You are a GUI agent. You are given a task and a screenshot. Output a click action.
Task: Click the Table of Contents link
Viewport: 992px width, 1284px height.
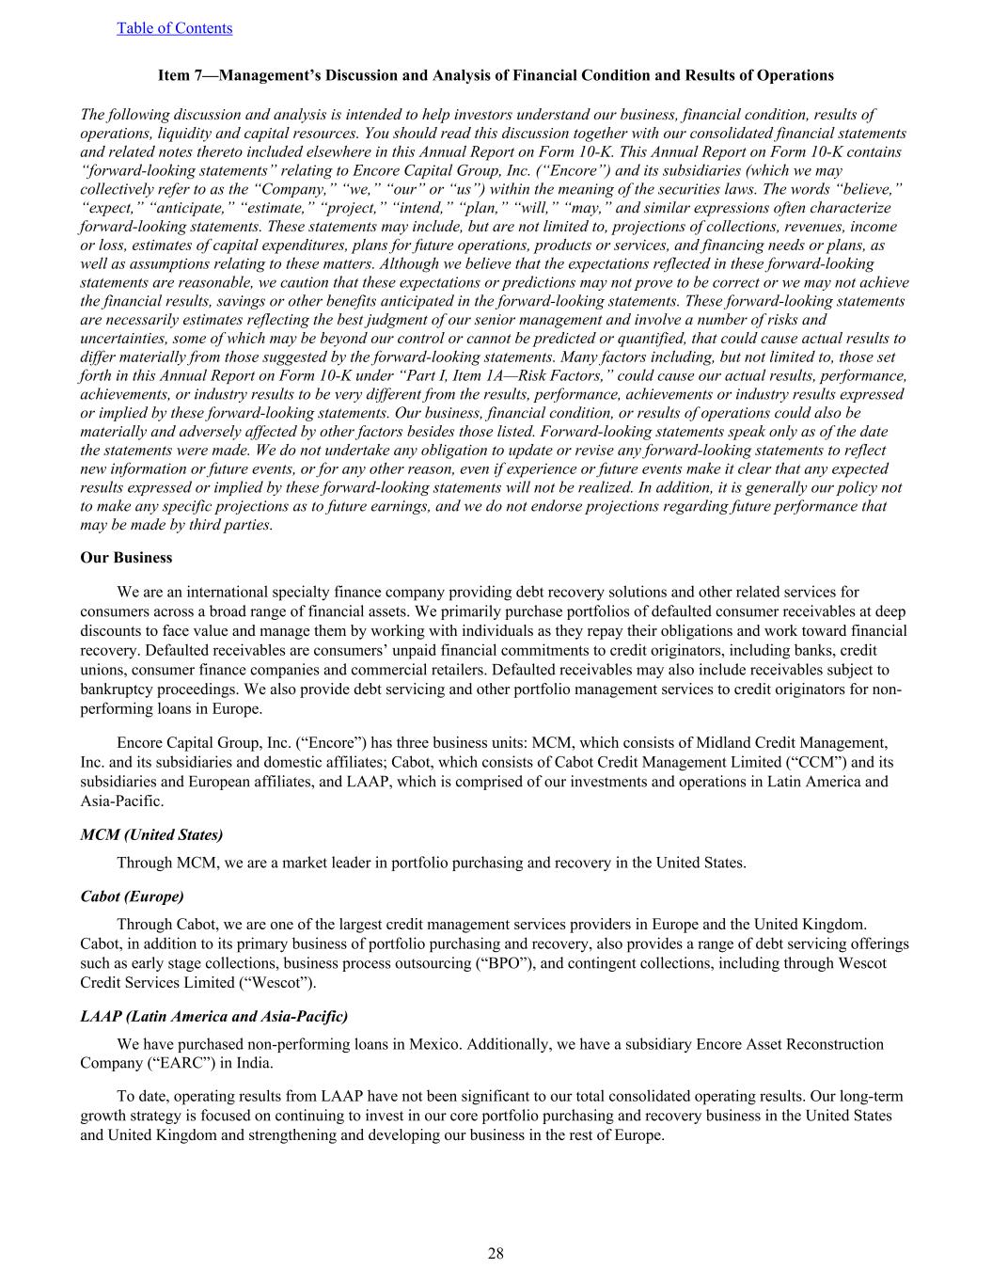tap(174, 28)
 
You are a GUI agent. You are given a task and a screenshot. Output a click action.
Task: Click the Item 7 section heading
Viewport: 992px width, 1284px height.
tap(496, 75)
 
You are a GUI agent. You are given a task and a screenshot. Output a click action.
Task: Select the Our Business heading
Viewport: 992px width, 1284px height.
tap(126, 558)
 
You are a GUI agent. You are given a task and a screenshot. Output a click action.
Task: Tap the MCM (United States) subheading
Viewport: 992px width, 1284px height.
tap(151, 835)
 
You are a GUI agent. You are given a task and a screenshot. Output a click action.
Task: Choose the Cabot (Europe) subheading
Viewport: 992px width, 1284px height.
tap(132, 896)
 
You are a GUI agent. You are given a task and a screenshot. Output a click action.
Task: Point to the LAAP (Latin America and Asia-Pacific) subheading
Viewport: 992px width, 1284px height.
tap(213, 1017)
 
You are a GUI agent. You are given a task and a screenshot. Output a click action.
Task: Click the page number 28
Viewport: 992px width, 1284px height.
tap(496, 1253)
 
